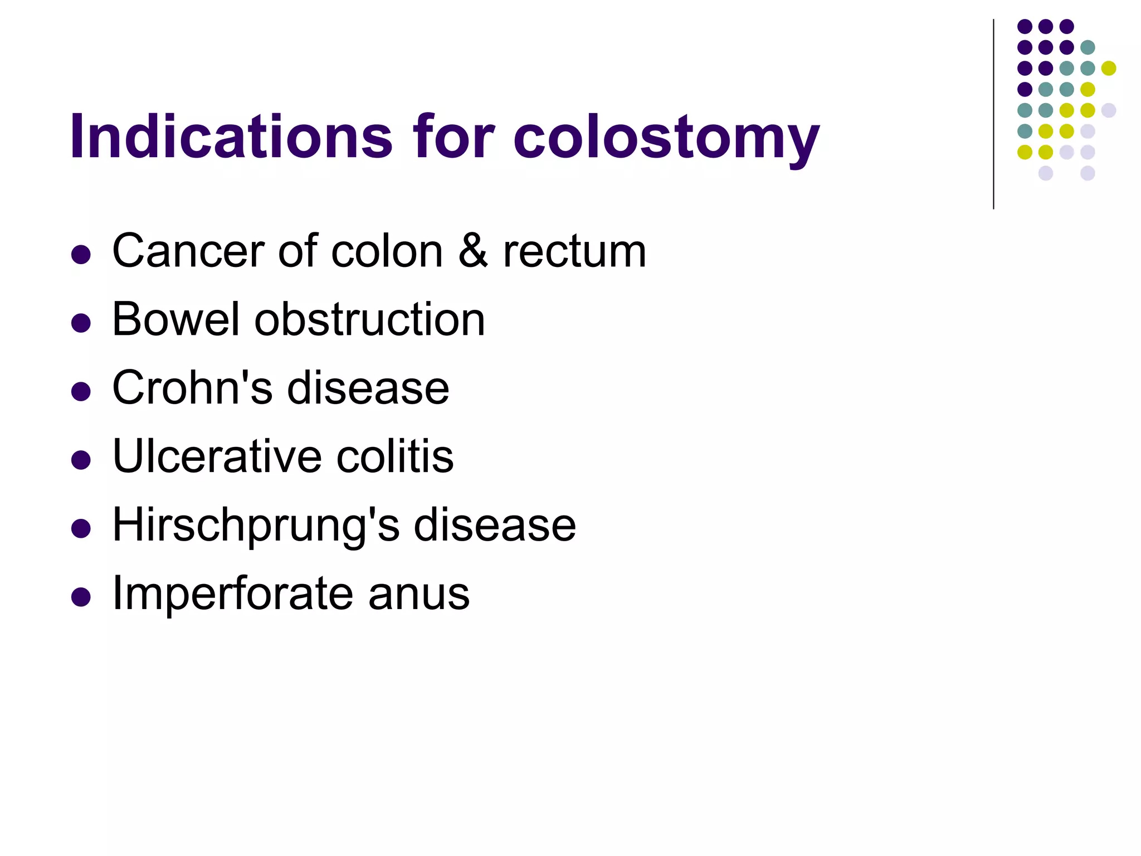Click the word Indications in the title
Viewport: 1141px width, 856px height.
click(x=231, y=137)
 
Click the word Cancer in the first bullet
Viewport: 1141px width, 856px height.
click(x=187, y=251)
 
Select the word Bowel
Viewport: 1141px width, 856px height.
click(x=175, y=319)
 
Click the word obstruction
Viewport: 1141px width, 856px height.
click(x=370, y=319)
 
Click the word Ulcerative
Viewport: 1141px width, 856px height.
click(x=217, y=456)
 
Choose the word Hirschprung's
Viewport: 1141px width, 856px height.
click(x=256, y=525)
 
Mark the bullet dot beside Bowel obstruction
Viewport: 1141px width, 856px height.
click(x=81, y=323)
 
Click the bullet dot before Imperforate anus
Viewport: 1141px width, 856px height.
click(x=81, y=597)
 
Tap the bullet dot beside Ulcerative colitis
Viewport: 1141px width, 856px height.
click(x=81, y=460)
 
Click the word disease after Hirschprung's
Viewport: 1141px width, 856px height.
click(x=494, y=525)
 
